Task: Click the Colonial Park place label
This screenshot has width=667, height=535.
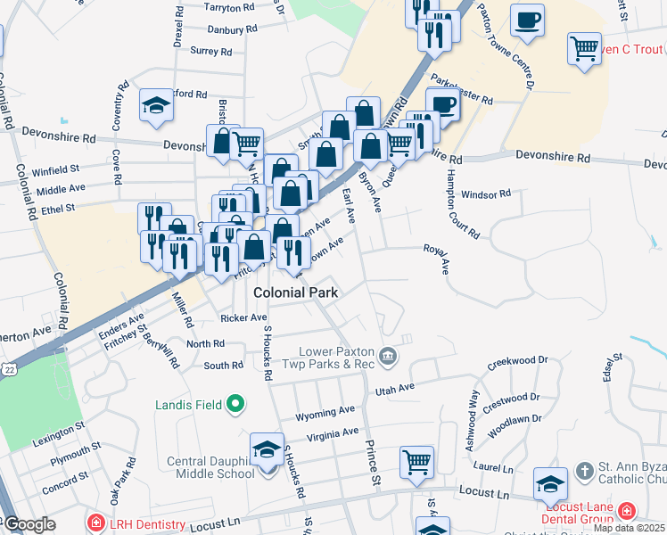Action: point(295,292)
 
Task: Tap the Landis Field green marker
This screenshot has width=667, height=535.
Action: point(236,406)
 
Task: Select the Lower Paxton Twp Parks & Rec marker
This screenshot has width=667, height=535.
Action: point(388,357)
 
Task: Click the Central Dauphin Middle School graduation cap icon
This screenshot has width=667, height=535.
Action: point(266,450)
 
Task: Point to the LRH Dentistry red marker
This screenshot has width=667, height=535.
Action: point(95,522)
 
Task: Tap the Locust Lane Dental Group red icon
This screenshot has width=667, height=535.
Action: point(628,511)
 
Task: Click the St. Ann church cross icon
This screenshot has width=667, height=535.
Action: point(584,469)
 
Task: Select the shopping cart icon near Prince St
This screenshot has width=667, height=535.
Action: point(416,462)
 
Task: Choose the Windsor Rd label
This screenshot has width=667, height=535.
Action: point(486,193)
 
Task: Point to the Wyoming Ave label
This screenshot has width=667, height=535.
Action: point(325,412)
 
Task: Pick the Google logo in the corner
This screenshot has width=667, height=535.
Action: point(29,525)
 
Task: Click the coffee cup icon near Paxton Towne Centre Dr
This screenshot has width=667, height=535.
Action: point(528,20)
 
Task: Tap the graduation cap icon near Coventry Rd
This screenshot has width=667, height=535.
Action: point(156,106)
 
